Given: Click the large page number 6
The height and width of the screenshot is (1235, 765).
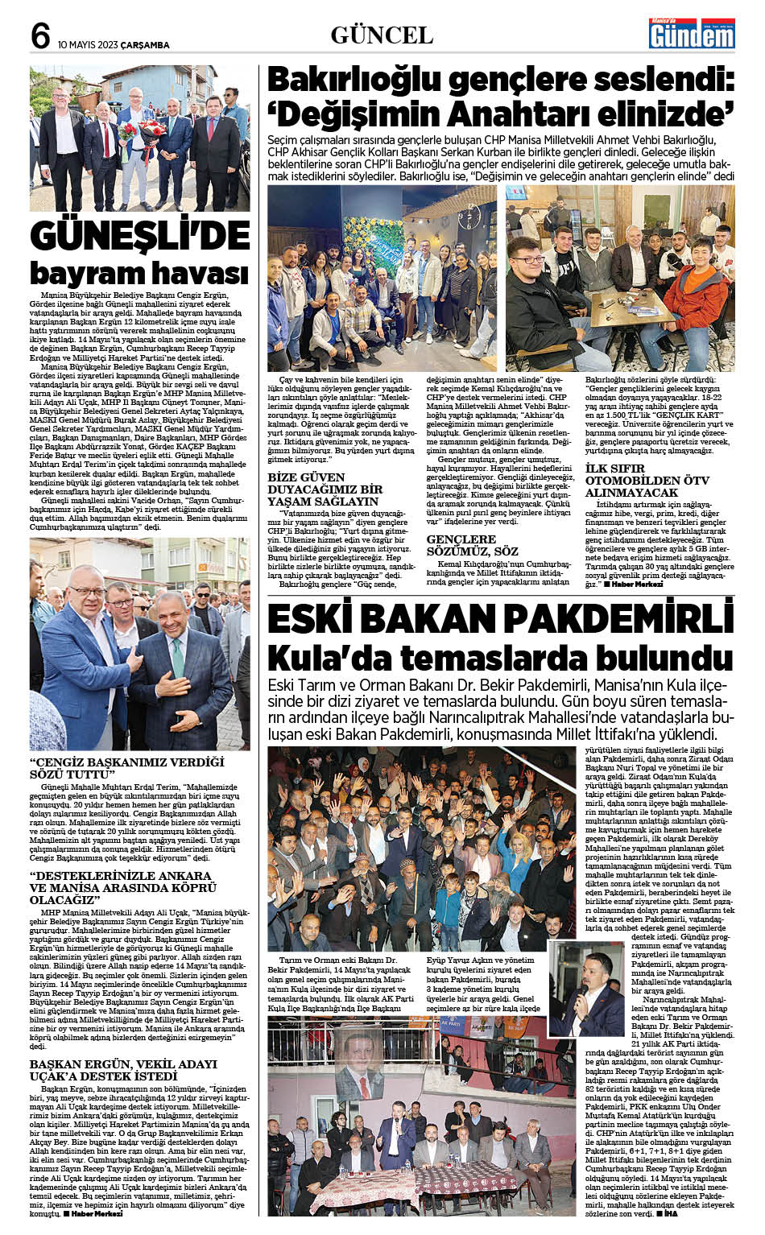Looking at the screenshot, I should tap(40, 36).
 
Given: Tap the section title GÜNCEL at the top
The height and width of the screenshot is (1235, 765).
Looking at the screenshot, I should tap(382, 35).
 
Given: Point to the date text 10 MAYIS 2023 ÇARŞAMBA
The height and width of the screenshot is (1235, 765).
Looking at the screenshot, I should tap(114, 45).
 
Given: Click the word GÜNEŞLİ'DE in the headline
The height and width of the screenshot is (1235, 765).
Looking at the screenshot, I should tap(140, 235).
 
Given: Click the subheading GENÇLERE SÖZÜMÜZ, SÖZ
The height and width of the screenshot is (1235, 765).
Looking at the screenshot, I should tap(473, 545).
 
